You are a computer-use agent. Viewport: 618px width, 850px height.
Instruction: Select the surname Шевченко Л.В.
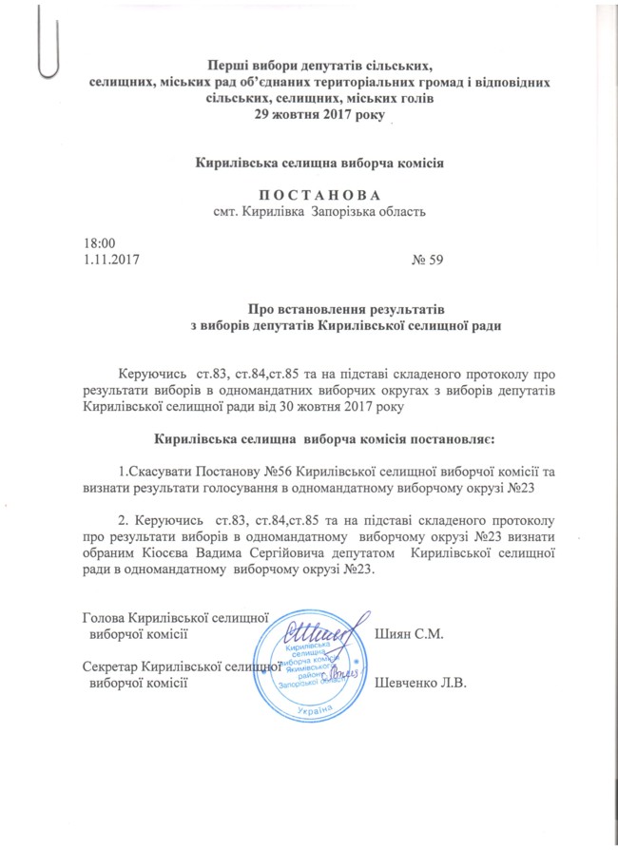coord(424,682)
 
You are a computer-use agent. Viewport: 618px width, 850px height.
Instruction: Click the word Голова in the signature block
coord(105,616)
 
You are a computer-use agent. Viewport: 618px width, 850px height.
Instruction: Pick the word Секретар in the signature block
coord(110,666)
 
